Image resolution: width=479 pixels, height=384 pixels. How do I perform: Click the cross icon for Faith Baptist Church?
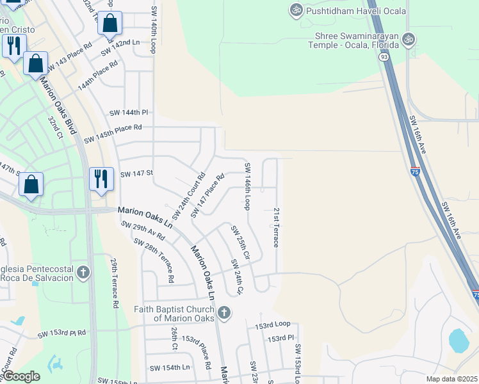click(223, 313)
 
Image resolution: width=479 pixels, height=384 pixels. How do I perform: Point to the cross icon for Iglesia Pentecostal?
click(83, 273)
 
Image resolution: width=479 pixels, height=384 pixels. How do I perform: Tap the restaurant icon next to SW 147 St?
click(101, 179)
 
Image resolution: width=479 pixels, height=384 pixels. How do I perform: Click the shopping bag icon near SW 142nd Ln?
click(110, 22)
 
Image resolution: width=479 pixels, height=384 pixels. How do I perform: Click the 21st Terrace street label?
click(276, 228)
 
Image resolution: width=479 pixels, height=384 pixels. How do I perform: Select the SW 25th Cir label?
click(239, 243)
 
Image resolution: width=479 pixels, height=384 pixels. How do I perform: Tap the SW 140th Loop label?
click(154, 30)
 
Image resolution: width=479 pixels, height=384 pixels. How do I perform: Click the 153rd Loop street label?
click(273, 325)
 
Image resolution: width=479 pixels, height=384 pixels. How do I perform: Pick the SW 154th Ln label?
click(170, 367)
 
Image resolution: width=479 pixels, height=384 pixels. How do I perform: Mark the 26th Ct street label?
click(174, 339)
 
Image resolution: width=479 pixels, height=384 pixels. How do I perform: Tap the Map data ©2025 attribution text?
click(451, 379)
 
